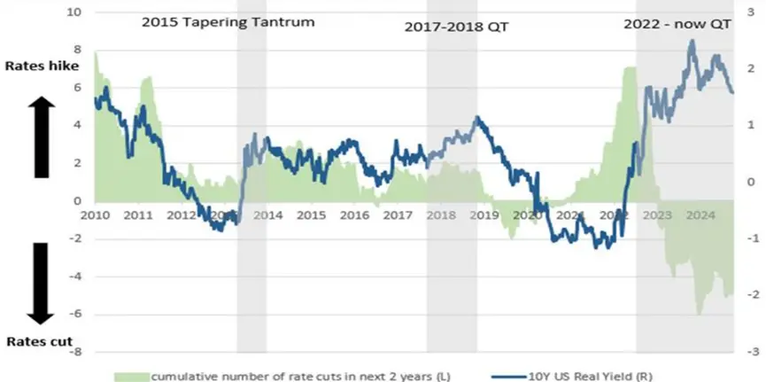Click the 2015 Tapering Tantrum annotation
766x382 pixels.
pyautogui.click(x=228, y=20)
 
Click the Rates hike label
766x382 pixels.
pyautogui.click(x=43, y=66)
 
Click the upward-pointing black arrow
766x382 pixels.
pyautogui.click(x=43, y=137)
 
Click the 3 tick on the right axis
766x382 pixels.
pyautogui.click(x=749, y=13)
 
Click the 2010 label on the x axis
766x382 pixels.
pyautogui.click(x=96, y=215)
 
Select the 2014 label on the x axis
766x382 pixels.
pyautogui.click(x=268, y=215)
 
